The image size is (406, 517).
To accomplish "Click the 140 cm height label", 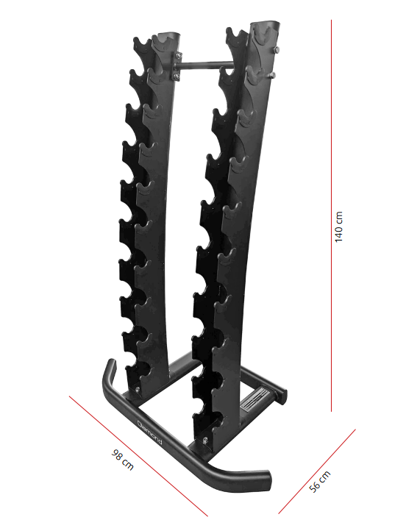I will coord(338,228).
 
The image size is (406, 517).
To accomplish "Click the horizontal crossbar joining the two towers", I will coord(203,65).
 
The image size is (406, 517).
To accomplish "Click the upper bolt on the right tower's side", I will coord(277,50).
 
